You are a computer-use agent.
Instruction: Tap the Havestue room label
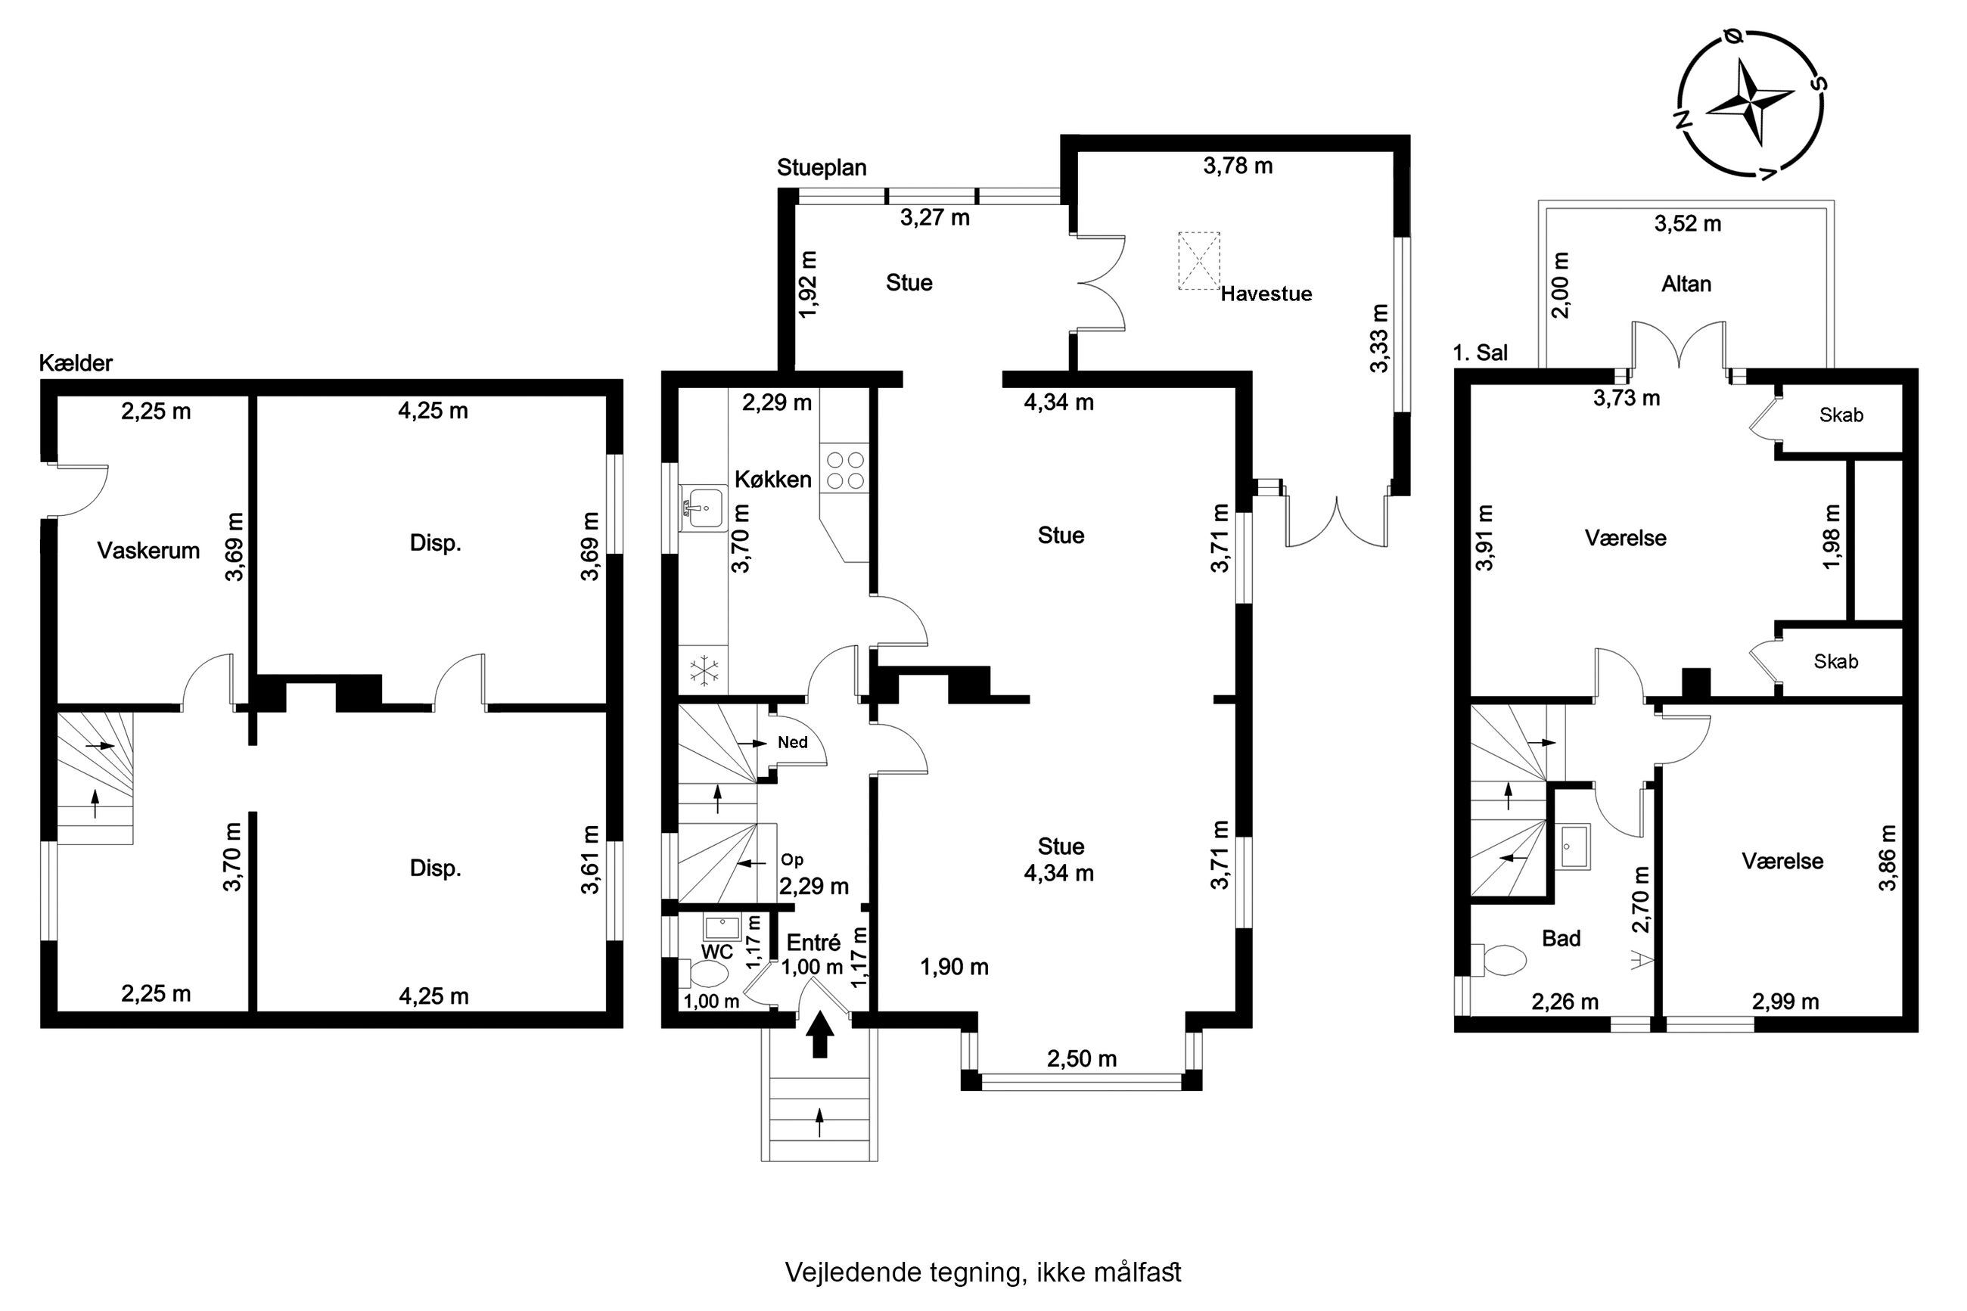(x=1266, y=294)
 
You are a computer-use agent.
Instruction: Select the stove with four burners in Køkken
(x=844, y=470)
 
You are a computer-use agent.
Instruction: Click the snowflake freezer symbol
(x=704, y=669)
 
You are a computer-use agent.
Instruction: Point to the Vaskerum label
(x=149, y=550)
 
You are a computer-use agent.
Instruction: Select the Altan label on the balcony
(x=1686, y=284)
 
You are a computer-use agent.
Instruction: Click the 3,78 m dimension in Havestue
(x=1238, y=166)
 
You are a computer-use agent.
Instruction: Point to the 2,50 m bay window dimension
(x=1082, y=1058)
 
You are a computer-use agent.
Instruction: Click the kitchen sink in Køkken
(x=703, y=508)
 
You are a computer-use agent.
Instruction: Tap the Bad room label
(x=1561, y=938)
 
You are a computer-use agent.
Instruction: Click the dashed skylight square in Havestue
(x=1199, y=261)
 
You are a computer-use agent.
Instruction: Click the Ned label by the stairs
(x=793, y=742)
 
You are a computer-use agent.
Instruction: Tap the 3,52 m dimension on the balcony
(x=1688, y=223)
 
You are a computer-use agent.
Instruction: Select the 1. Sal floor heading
(x=1481, y=353)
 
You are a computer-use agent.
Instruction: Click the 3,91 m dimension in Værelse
(x=1484, y=537)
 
